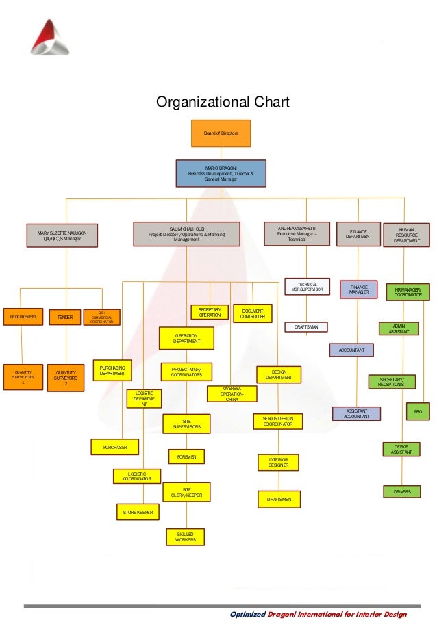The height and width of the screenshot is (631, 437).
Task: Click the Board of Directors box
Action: coord(221,133)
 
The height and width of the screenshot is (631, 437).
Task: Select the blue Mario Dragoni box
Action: coord(220,173)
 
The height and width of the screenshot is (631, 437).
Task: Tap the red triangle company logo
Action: coord(49,37)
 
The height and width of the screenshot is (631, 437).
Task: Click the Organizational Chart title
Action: coord(223,103)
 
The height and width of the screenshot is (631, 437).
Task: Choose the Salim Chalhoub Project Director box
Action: coord(186,234)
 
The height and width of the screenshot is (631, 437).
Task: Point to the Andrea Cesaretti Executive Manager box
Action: coord(297,234)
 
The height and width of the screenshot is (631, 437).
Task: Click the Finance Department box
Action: coord(358,234)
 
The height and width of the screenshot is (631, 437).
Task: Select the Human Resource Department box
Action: coord(407,235)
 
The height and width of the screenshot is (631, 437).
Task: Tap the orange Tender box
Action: coord(65,318)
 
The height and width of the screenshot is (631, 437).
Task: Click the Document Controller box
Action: coord(253,313)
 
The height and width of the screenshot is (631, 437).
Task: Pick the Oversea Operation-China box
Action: coord(232,394)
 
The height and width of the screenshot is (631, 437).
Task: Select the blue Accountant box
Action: coord(351,350)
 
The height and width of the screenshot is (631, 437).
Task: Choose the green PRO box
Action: coord(417,411)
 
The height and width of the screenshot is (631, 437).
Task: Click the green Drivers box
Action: coord(402,491)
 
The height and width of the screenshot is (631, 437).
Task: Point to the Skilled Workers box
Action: coord(185,537)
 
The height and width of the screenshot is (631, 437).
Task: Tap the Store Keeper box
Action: coord(138,511)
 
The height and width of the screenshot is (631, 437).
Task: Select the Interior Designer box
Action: coord(278,463)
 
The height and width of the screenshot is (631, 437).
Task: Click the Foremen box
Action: coord(186,455)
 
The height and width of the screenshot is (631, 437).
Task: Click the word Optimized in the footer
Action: coord(247,615)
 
